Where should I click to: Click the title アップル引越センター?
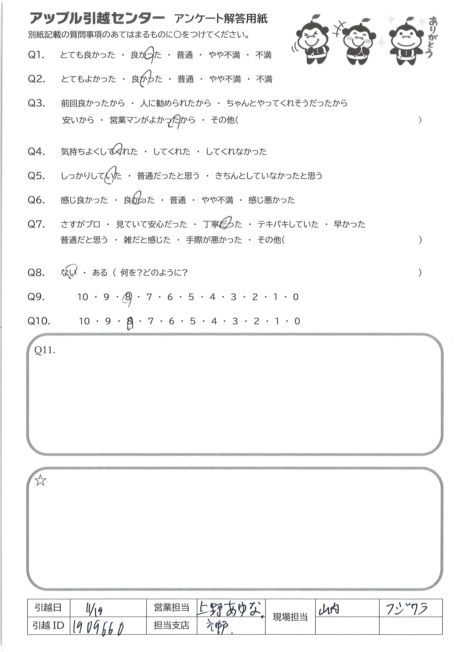point(97,19)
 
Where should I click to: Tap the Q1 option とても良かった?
point(88,55)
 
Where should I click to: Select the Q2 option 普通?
point(186,79)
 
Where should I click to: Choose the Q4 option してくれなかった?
point(236,152)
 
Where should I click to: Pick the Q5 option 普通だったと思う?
point(168,176)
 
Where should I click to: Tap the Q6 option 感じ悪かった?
point(271,200)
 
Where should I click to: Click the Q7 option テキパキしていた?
point(288,224)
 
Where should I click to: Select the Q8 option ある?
point(100,273)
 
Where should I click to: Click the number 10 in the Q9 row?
point(83,297)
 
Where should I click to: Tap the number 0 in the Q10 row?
point(297,321)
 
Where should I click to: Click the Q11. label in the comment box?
point(45,350)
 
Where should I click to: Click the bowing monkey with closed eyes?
point(312,43)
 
